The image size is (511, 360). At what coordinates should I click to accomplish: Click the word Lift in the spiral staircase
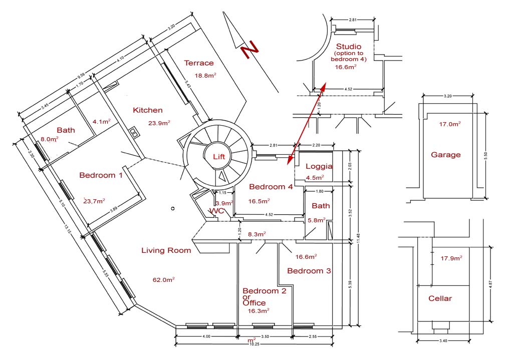[x=219, y=157]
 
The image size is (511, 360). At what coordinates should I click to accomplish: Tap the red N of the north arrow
[x=249, y=50]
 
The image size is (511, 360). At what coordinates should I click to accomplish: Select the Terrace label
[x=199, y=63]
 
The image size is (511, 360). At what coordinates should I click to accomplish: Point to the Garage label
[x=445, y=155]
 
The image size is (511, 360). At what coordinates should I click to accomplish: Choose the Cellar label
[x=440, y=298]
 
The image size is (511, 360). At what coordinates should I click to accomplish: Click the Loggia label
[x=319, y=166]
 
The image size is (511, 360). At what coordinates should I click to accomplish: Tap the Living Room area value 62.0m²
[x=164, y=280]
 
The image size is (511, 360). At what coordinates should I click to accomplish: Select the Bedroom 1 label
[x=101, y=175]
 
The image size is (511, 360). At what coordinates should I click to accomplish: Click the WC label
[x=217, y=211]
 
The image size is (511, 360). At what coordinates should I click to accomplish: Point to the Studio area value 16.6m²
[x=346, y=67]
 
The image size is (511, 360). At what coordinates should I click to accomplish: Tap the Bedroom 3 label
[x=309, y=271]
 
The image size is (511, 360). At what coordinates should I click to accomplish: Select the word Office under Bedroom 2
[x=254, y=303]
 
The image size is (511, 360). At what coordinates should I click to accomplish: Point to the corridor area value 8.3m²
[x=256, y=234]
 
